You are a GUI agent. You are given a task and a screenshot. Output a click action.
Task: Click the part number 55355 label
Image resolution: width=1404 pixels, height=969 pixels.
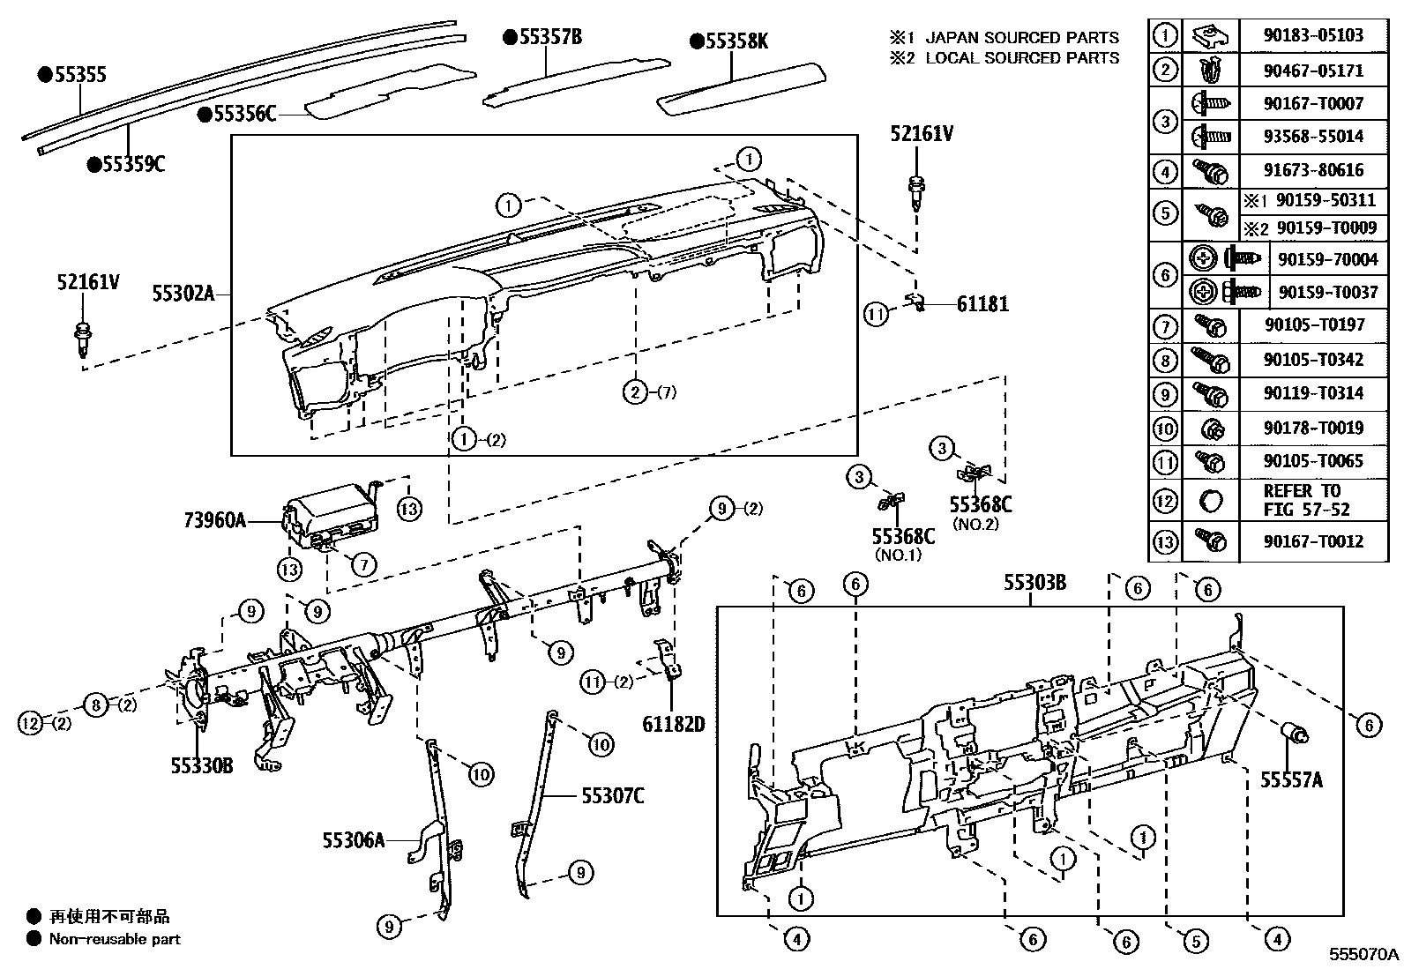point(79,75)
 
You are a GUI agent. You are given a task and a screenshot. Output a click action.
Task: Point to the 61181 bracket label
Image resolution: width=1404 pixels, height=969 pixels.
point(982,304)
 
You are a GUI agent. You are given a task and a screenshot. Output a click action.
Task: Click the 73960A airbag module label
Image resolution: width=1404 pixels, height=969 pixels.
point(214,520)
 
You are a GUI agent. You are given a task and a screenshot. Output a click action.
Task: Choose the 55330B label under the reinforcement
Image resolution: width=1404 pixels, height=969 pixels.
point(202,766)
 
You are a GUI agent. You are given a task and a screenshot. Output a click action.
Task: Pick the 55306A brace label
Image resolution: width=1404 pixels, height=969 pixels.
point(353,840)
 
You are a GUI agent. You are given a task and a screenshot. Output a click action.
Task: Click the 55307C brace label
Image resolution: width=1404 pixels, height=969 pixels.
point(612,796)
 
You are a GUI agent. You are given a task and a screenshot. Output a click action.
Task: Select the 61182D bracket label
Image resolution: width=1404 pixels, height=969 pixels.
point(674,724)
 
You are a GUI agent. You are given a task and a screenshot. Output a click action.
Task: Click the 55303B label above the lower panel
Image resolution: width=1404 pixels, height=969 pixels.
point(1034,583)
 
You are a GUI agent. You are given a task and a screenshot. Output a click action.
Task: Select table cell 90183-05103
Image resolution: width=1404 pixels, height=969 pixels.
point(1313,35)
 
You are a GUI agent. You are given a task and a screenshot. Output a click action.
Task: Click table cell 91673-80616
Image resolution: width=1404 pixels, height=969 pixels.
point(1313,169)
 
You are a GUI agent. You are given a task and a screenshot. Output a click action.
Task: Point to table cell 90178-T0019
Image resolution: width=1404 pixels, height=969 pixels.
point(1313,428)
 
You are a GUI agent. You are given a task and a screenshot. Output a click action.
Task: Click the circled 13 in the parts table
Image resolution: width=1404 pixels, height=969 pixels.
point(1165,541)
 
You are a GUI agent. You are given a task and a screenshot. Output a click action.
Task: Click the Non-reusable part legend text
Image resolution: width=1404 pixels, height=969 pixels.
point(115,939)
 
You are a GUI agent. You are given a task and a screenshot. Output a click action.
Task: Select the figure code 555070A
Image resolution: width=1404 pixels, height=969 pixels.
point(1365,954)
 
